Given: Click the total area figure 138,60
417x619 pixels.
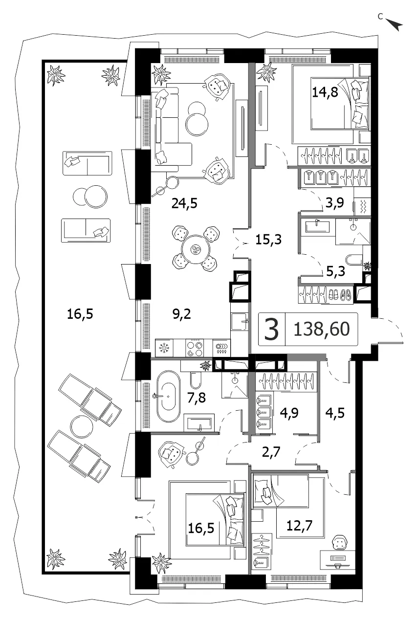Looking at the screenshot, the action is coord(322,329).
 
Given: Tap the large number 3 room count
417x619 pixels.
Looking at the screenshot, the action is coord(271,329).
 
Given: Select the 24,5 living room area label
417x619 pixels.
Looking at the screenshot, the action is coord(184,204).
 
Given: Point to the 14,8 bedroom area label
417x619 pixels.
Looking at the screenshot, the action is coord(325,92).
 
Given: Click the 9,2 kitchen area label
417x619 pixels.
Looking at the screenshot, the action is coord(182,314).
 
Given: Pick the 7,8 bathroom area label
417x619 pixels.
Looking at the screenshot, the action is coord(196,398).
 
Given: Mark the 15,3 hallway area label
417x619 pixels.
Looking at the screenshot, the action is coord(268,240).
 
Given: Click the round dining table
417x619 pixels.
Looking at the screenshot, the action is coord(196,249).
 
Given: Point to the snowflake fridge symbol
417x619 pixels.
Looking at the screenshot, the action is coord(164,348).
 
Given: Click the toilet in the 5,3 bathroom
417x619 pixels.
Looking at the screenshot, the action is coord(354,260).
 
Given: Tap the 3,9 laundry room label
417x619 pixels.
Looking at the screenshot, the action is coord(335,203).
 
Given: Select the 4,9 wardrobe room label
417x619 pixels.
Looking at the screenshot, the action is coord(289,413).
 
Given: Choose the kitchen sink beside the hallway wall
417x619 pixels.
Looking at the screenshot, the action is coord(240,321).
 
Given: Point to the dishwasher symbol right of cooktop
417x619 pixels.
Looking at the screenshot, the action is coord(221,348).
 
